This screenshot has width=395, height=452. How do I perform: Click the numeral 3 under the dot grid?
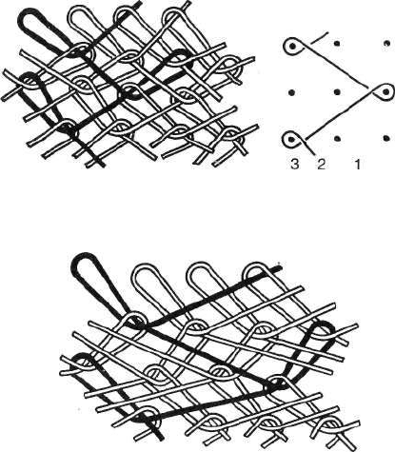pos(294,164)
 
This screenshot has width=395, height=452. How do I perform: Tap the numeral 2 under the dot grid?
pos(322,164)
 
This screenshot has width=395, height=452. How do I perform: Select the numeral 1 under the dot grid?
pos(358,164)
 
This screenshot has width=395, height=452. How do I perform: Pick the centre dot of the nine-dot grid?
pos(337,92)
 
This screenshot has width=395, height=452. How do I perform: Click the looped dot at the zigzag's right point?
pos(385,92)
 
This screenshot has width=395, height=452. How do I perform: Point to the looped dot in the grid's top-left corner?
pos(293,47)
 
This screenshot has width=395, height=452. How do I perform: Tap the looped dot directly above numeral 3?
pos(290,139)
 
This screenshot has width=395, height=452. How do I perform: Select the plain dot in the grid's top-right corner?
pos(386,43)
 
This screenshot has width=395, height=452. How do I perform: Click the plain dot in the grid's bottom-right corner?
pos(386,138)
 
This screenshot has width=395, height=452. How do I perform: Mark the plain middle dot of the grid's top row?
pos(337,43)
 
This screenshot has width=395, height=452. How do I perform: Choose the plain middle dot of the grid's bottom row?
pos(337,139)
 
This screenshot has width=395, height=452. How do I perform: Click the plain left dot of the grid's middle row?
pos(292,92)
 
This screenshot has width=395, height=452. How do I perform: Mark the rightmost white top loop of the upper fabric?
pos(173,11)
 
